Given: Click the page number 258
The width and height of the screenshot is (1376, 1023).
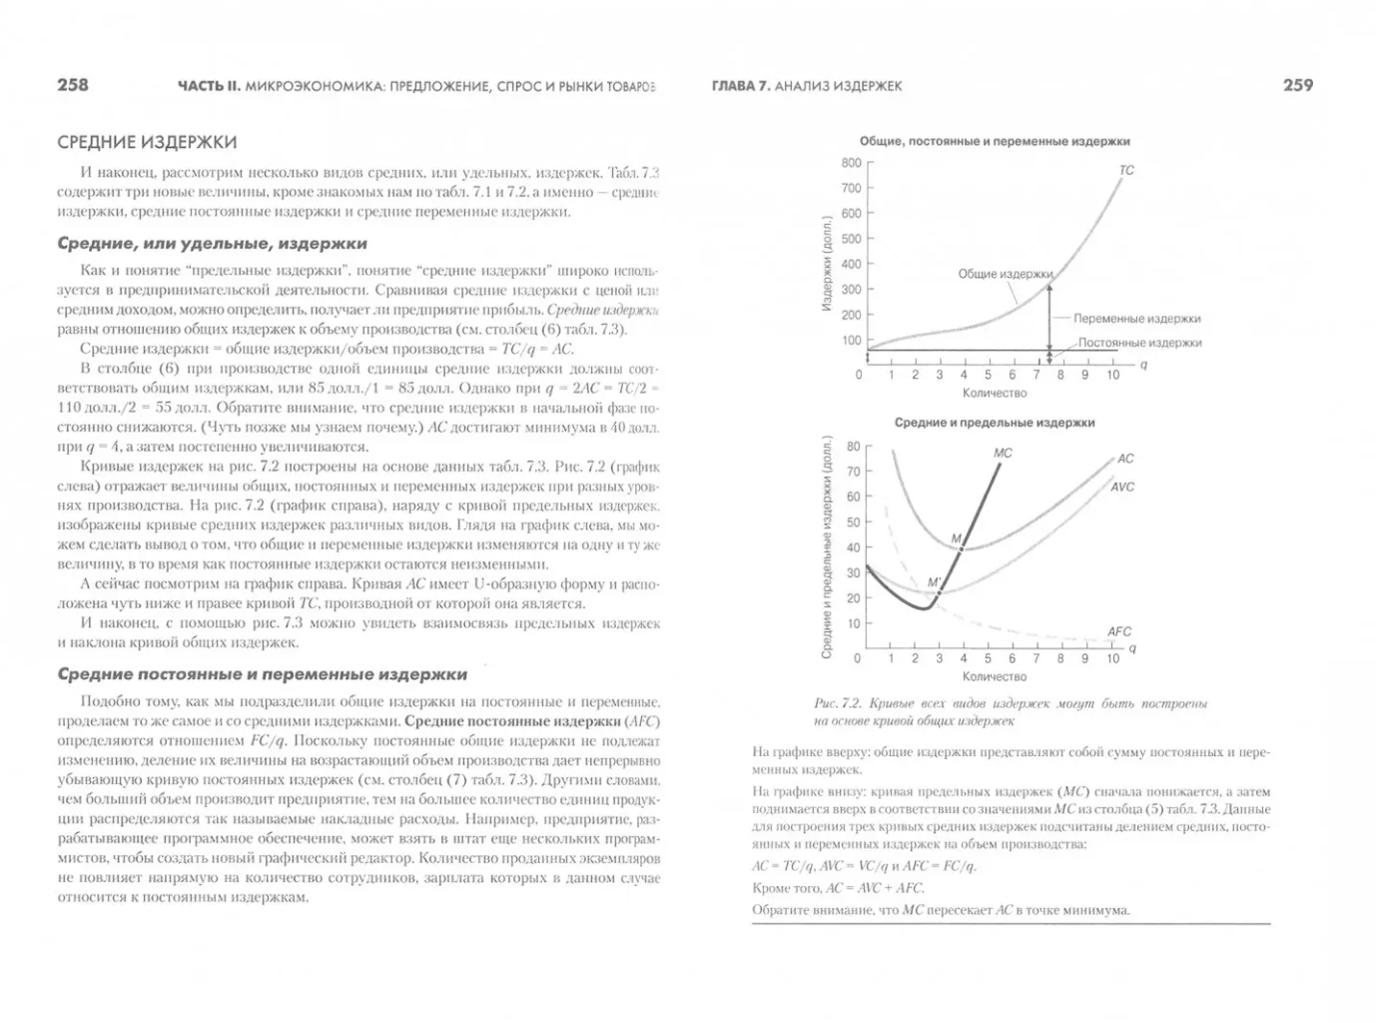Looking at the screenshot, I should [x=73, y=86].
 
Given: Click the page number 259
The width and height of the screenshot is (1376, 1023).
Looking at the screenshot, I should [x=1297, y=86].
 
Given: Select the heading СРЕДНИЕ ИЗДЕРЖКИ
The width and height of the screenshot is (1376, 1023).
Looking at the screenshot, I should [x=147, y=143].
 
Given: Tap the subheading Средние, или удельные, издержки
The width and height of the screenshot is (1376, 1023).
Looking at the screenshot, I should [x=212, y=244].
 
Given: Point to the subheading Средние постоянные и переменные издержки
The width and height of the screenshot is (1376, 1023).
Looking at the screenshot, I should [x=262, y=674].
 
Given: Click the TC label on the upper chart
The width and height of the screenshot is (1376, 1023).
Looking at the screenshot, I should [x=1126, y=171].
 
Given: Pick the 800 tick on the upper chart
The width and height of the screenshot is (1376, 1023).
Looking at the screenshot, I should [x=851, y=163].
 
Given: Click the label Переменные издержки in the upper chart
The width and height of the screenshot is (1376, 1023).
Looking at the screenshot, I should [x=1136, y=319].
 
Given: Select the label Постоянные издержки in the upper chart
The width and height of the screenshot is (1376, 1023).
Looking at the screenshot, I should [x=1139, y=343].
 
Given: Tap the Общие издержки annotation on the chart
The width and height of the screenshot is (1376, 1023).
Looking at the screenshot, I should [x=1005, y=274].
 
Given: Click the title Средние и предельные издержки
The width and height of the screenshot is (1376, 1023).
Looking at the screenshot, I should [x=994, y=423].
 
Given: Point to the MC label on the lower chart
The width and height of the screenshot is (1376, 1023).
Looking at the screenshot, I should [x=1003, y=454].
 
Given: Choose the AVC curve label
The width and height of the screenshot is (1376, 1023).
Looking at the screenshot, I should [x=1121, y=488].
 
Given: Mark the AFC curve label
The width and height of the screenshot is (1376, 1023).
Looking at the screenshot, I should [x=1118, y=631].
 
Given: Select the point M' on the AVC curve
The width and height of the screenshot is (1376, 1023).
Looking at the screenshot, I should [x=939, y=592].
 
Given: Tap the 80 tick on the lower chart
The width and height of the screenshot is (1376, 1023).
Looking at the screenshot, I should [x=853, y=447].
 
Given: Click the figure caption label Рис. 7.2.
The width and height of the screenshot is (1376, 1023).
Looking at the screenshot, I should [x=836, y=703].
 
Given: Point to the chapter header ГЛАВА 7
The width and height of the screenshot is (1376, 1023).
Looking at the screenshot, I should [x=739, y=86].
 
